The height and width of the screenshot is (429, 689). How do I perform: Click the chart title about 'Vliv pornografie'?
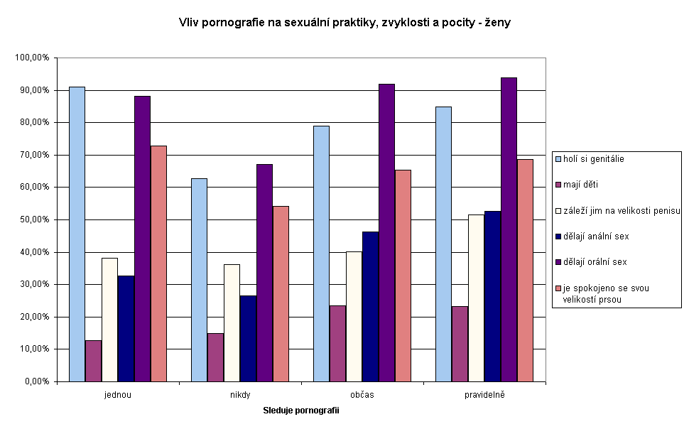(x=344, y=23)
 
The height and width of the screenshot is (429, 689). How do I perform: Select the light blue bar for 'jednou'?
(x=77, y=234)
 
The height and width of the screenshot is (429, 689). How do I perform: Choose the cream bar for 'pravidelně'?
(x=476, y=298)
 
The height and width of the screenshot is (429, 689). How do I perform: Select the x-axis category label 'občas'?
(x=362, y=394)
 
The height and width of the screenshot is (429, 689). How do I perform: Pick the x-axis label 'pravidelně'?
(x=484, y=394)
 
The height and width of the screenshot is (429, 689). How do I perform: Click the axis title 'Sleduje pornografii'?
(x=301, y=411)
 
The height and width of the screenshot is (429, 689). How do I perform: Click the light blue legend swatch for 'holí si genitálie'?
(x=558, y=159)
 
